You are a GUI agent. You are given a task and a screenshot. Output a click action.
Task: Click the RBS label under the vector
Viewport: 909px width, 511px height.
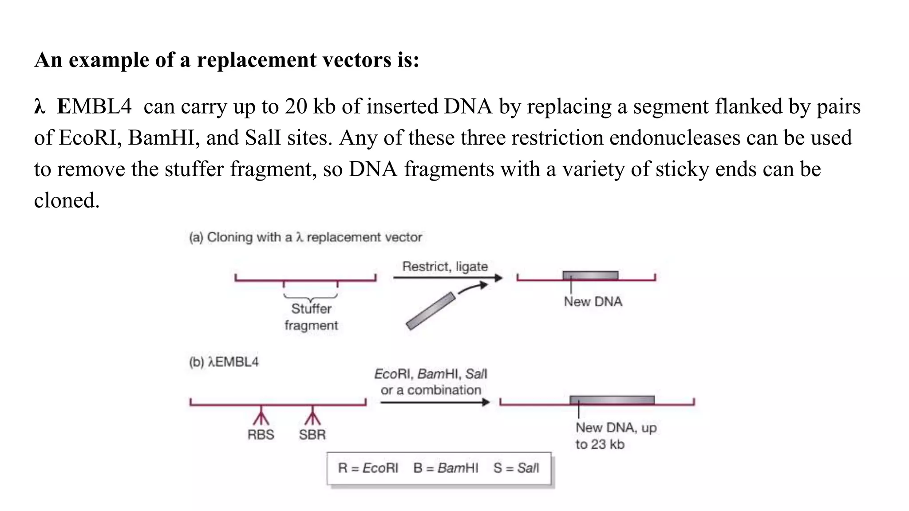[261, 435]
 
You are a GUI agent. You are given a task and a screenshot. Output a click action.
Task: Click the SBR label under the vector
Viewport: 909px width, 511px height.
[312, 435]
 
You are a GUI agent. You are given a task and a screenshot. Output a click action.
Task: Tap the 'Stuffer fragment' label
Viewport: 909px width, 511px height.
[311, 317]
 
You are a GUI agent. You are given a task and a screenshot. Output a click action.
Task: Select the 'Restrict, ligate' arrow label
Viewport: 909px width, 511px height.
[445, 267]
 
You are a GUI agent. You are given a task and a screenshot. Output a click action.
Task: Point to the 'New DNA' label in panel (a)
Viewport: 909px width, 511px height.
[593, 302]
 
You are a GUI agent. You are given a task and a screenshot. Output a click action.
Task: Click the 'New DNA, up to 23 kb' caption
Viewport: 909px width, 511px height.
[616, 436]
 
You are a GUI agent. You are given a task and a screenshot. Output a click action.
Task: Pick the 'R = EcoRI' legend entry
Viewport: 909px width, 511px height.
[368, 468]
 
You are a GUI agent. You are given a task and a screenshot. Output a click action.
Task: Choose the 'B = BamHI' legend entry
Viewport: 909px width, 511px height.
[446, 468]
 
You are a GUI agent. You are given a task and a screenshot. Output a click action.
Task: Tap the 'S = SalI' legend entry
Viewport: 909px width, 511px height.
[516, 468]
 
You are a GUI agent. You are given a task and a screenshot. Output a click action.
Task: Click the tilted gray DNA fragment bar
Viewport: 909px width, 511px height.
[431, 311]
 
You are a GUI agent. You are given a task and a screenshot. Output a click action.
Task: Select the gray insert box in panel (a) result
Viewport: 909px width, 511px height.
[590, 275]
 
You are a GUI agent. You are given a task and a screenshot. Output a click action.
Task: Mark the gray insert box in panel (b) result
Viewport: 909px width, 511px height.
[612, 400]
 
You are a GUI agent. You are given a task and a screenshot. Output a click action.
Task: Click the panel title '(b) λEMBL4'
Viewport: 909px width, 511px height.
[224, 362]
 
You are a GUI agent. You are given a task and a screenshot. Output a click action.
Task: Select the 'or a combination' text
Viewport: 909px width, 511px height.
[431, 390]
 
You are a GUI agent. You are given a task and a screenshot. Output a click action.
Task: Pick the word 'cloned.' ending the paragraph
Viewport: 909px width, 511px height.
[67, 200]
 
